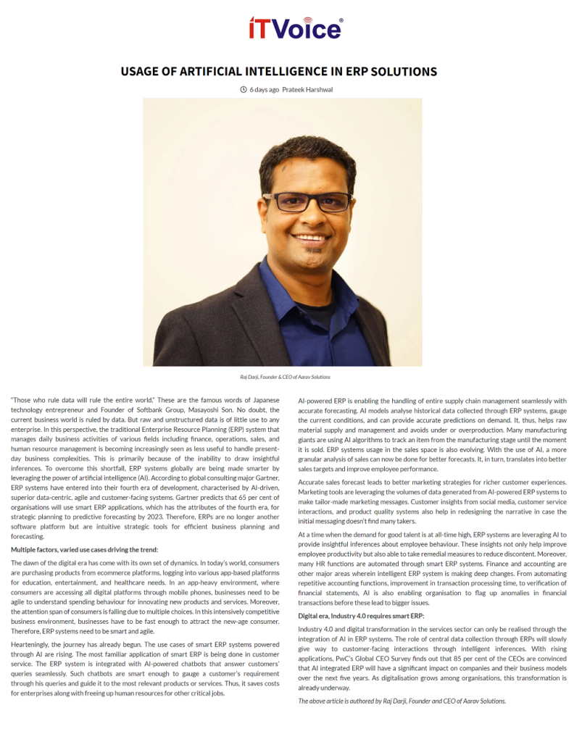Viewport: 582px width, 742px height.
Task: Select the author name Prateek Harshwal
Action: (308, 90)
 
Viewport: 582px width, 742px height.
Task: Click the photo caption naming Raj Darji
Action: (290, 377)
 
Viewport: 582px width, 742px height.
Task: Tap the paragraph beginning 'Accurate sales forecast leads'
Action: (433, 502)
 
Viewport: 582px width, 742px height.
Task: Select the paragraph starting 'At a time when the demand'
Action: (433, 568)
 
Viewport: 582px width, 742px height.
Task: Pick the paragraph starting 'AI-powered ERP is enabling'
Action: (433, 435)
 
